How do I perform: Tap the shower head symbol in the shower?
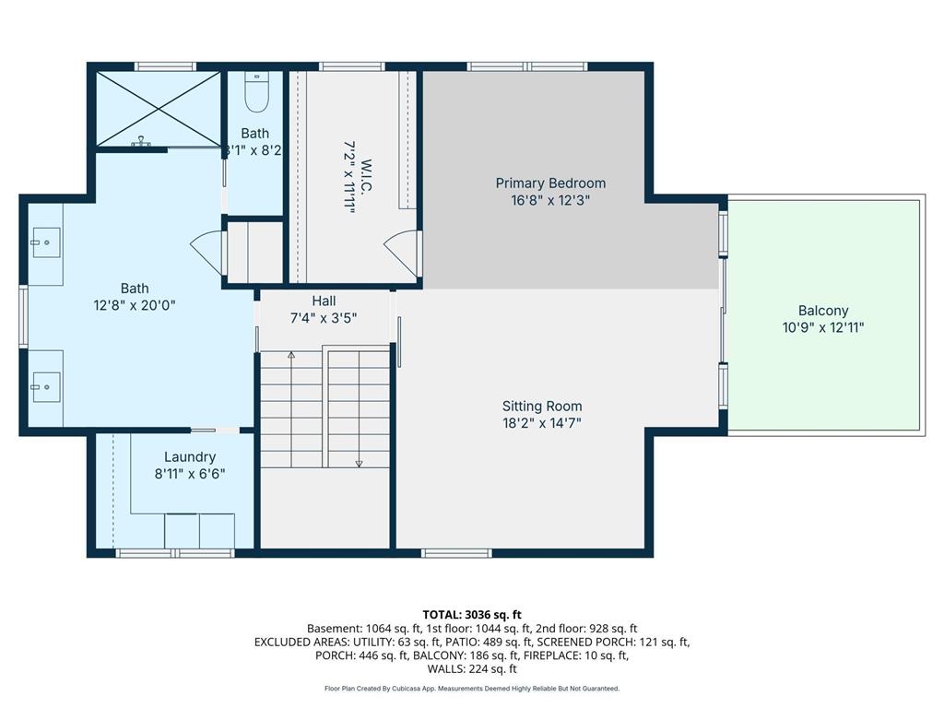pos(141,141)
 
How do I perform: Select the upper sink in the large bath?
pos(45,242)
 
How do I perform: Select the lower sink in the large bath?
pos(45,387)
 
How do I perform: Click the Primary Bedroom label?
pos(550,183)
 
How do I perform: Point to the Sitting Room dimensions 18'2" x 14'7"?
pos(542,423)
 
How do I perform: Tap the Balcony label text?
pos(823,311)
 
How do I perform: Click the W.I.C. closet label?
pos(365,177)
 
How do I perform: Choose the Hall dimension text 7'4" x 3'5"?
pos(324,318)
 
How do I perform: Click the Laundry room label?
pos(190,457)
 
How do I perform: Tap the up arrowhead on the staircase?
pos(291,355)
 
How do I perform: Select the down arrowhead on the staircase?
pos(359,464)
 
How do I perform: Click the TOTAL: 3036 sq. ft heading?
pos(472,615)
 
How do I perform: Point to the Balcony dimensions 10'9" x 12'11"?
pos(823,327)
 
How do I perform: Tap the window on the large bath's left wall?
pos(23,316)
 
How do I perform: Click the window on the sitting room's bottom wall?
pos(456,553)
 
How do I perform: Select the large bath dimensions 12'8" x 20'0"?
pos(135,305)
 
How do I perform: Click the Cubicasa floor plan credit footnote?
pos(472,688)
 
